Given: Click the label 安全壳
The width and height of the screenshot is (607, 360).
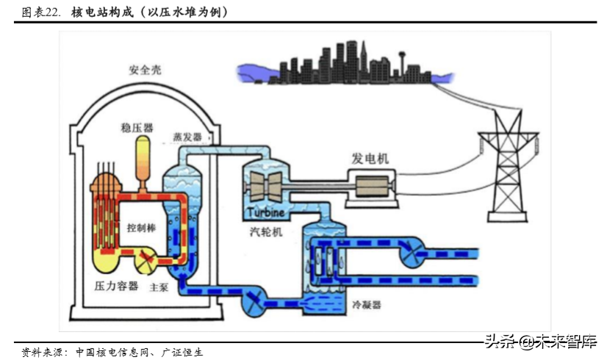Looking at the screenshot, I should (x=144, y=70).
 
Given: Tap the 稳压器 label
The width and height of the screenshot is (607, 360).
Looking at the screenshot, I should (x=137, y=128).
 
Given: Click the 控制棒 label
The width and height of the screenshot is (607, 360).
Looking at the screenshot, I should (x=141, y=228).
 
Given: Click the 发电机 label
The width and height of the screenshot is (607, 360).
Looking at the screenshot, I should (x=370, y=159).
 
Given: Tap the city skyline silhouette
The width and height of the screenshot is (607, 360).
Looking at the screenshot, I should (x=346, y=62).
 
